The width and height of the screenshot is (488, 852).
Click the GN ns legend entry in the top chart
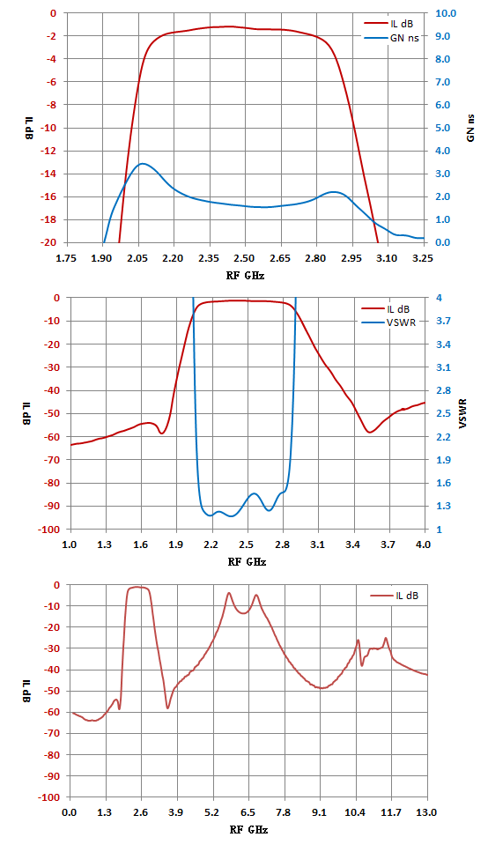click(391, 38)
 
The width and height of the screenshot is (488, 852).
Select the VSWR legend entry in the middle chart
click(389, 322)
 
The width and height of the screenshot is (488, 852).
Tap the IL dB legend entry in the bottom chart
click(395, 596)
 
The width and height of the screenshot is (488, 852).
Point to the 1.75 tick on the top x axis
click(66, 258)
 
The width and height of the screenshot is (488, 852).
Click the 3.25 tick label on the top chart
click(423, 258)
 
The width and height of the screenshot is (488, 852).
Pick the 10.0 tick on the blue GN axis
click(446, 13)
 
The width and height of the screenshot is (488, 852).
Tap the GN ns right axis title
click(470, 128)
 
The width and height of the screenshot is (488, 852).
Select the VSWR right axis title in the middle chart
click(463, 413)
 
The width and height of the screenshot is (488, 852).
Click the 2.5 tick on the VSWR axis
click(443, 413)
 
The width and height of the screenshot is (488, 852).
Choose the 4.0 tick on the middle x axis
click(424, 545)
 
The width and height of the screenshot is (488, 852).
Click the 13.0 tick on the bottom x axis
click(426, 812)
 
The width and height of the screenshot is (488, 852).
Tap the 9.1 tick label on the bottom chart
click(320, 812)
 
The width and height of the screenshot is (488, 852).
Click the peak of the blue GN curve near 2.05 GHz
click(143, 163)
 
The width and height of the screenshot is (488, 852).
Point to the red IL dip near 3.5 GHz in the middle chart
click(370, 433)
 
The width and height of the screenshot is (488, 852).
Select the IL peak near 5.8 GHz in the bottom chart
click(229, 593)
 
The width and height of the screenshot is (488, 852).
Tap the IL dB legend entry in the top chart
click(388, 24)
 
